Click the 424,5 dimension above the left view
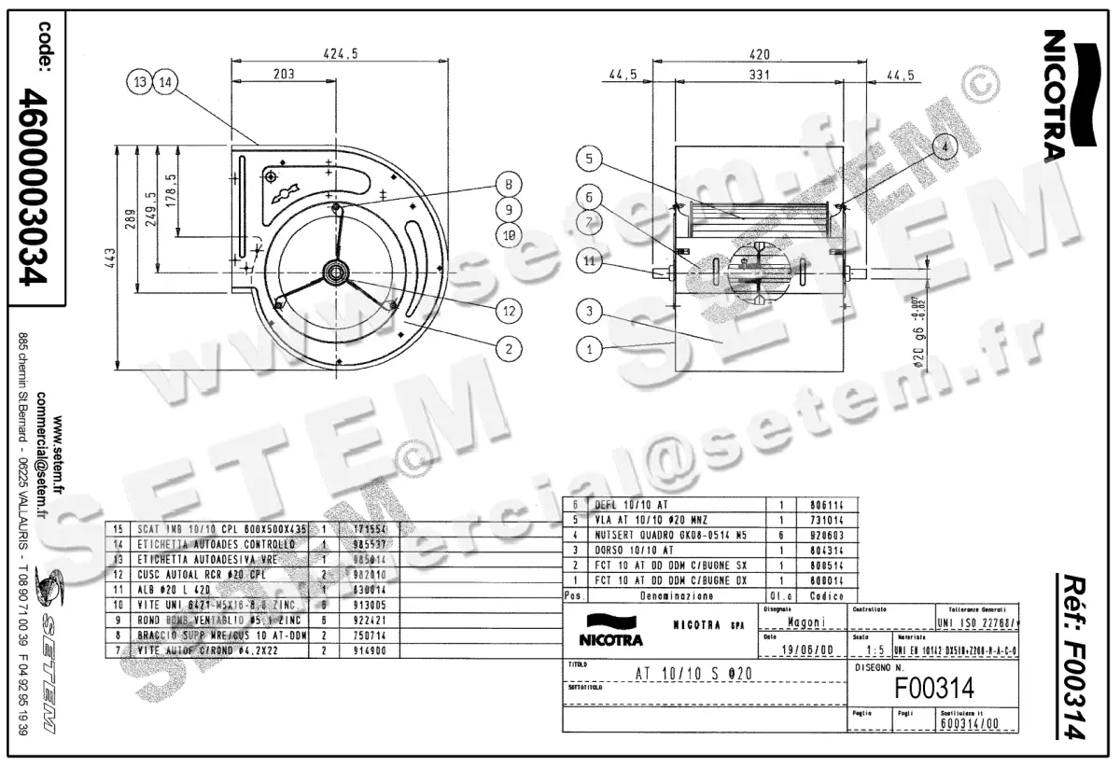(x=340, y=55)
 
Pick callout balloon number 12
(x=509, y=309)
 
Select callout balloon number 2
(x=509, y=349)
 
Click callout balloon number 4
(x=945, y=147)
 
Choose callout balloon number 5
(x=590, y=160)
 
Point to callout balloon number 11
(x=590, y=264)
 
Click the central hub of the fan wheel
(x=334, y=271)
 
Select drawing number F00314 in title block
(x=933, y=689)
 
